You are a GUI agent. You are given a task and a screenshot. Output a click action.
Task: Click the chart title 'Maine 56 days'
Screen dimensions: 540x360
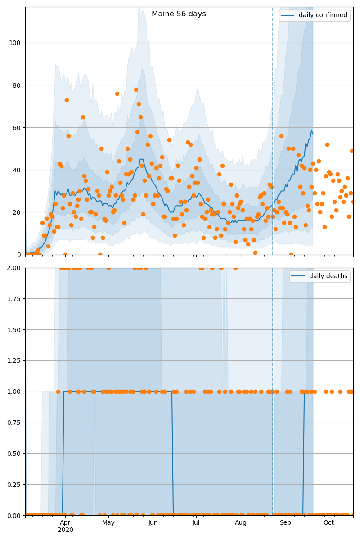179,14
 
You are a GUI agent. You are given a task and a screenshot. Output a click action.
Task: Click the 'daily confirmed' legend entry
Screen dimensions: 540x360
323,15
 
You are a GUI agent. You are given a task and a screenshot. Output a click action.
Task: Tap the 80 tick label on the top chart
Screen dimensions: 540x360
17,85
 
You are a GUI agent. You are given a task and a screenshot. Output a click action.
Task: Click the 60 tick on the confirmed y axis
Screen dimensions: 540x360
17,128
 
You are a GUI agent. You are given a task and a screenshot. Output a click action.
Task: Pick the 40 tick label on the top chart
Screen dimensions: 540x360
17,170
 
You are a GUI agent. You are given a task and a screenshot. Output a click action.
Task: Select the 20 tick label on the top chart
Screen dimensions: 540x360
17,212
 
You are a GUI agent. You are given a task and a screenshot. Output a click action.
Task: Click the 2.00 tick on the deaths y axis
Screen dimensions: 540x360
14,268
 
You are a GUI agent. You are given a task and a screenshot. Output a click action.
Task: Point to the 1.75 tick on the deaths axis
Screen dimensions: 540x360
14,299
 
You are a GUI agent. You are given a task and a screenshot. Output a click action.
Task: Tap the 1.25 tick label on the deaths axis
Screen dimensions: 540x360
14,361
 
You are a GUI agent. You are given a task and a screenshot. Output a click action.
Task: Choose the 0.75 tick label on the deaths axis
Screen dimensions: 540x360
14,423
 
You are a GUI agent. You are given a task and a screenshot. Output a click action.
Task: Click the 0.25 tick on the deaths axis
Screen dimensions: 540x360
14,485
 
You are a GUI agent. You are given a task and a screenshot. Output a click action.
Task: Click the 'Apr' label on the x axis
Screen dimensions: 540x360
65,523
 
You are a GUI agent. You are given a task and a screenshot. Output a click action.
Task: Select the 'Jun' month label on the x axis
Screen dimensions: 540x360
153,523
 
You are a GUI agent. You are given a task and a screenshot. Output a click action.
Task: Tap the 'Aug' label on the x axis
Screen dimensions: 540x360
241,523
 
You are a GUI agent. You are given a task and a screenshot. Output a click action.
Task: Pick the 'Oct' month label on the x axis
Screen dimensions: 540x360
328,523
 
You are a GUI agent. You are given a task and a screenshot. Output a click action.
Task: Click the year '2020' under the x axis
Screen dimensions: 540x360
65,530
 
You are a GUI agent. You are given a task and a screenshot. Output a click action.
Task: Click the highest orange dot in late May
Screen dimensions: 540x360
136,90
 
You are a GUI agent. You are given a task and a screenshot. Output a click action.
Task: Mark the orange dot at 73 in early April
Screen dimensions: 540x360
67,100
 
